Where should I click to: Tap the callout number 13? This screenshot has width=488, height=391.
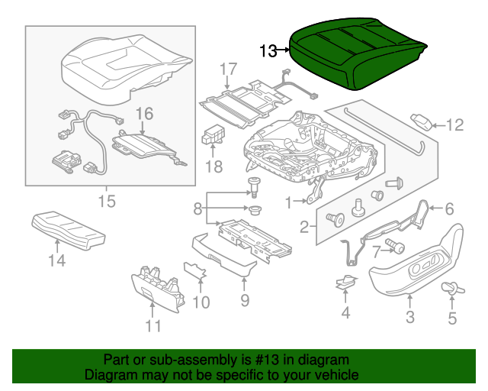click(x=268, y=51)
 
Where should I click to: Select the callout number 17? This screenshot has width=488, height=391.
click(x=229, y=71)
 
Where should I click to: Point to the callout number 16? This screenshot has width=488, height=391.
click(x=144, y=115)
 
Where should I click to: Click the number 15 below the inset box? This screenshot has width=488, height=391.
click(x=106, y=202)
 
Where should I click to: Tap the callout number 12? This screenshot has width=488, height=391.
click(x=454, y=125)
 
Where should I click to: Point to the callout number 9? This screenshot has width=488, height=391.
click(x=245, y=300)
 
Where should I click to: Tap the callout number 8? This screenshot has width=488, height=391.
click(x=197, y=208)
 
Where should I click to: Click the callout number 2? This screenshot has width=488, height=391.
click(x=303, y=226)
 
